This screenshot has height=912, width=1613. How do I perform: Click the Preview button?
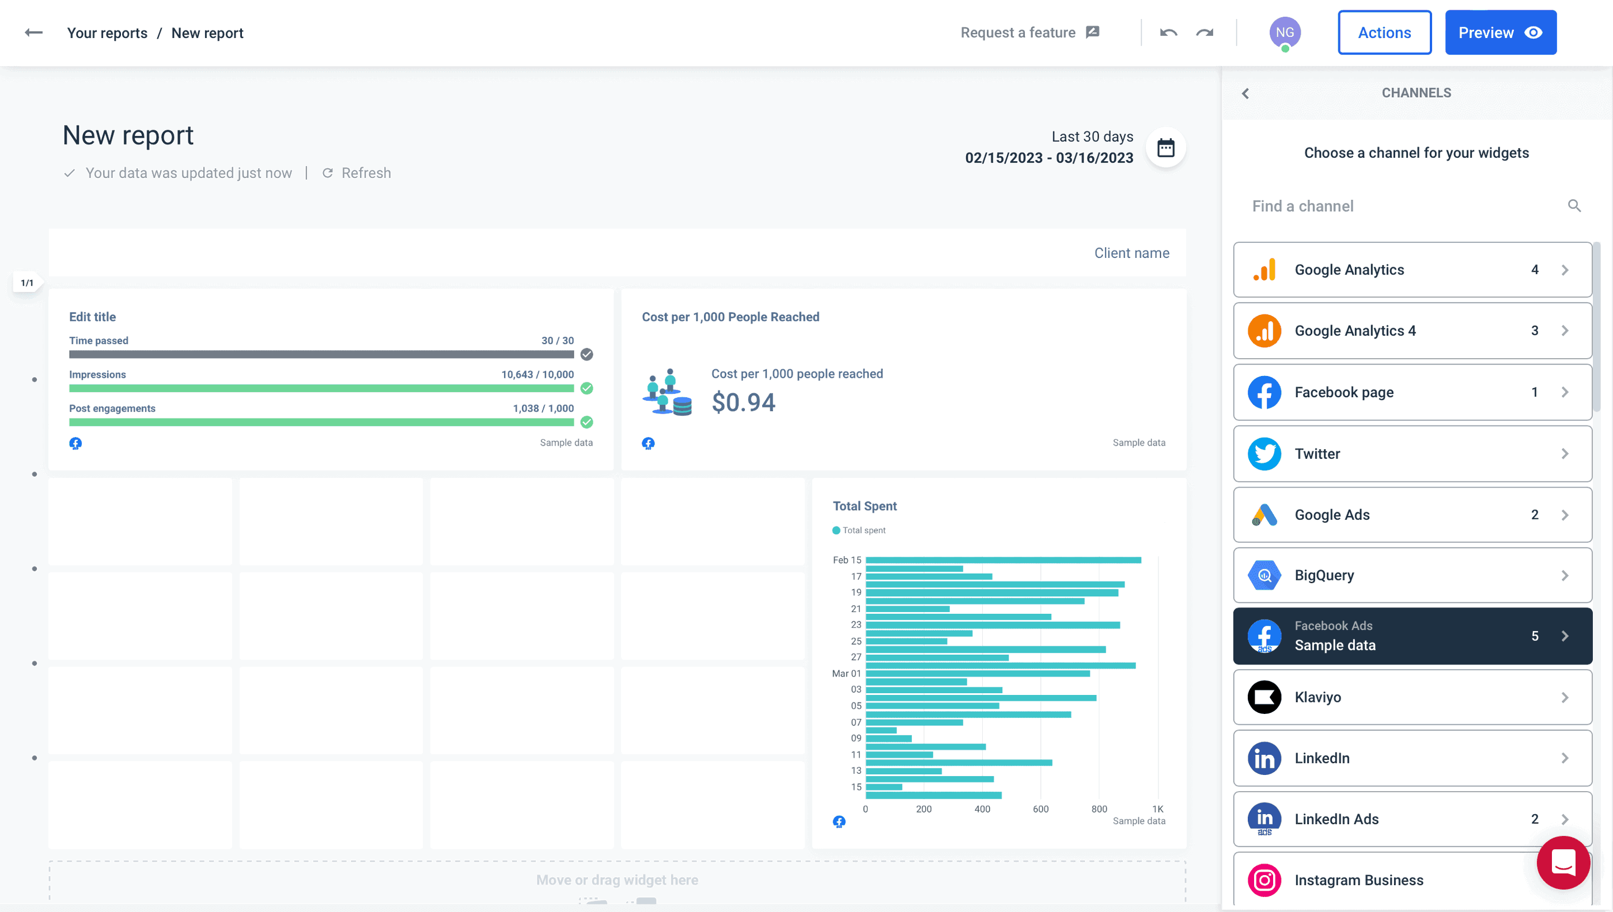tap(1500, 33)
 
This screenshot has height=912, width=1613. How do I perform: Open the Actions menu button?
tap(1384, 33)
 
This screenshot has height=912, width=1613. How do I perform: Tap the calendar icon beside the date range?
tap(1165, 148)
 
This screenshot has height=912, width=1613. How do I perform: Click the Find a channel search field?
tap(1404, 206)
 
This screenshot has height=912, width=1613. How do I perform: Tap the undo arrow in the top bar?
tap(1168, 33)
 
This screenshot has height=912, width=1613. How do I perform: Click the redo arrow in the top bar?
tap(1204, 33)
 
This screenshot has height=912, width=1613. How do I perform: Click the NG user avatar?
tap(1284, 33)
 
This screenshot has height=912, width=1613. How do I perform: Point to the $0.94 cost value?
tap(743, 402)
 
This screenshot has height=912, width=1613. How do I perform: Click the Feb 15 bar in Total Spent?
tap(1002, 560)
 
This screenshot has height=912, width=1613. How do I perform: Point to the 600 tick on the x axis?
tap(1040, 808)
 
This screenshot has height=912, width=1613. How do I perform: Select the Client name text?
tap(1131, 253)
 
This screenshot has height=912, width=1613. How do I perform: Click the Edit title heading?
tap(93, 317)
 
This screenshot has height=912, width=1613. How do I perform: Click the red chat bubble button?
tap(1562, 862)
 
